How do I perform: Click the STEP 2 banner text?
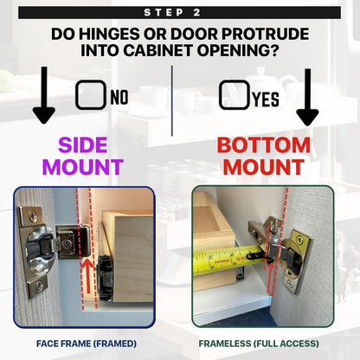[172, 13]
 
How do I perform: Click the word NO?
[119, 97]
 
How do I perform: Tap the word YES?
[266, 100]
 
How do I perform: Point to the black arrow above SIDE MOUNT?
[44, 95]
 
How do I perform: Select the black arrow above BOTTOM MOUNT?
[307, 97]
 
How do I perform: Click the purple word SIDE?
[83, 145]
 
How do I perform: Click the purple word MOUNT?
[83, 167]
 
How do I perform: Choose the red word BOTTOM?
[264, 145]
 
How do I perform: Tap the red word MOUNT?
[264, 167]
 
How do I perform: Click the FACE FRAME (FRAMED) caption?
[87, 344]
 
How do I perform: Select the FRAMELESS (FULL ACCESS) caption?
[259, 344]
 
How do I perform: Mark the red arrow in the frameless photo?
[270, 277]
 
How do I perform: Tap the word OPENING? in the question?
[238, 51]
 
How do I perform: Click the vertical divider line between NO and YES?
[172, 100]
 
